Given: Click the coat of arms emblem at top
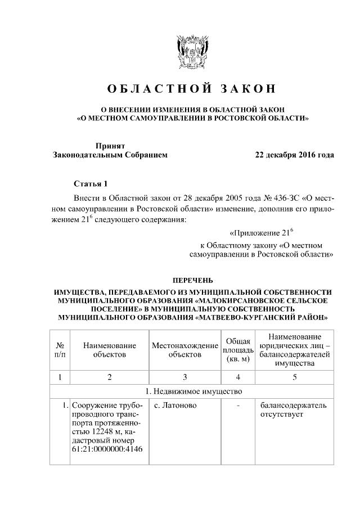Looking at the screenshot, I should click(x=180, y=52).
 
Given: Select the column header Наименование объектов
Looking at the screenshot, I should click(x=110, y=350).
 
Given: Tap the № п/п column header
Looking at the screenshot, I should click(x=60, y=350).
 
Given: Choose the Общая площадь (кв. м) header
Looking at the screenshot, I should click(x=237, y=350).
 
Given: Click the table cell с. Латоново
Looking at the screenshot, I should click(x=174, y=406).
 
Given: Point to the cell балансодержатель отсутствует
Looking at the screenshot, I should click(x=292, y=410).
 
